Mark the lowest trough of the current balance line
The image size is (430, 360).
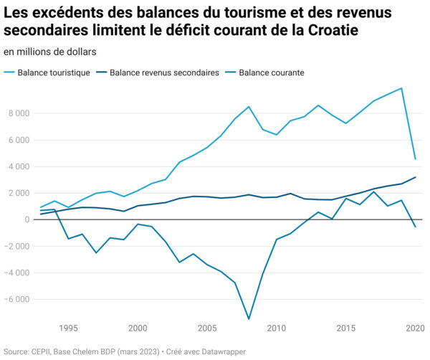coord(249,319)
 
